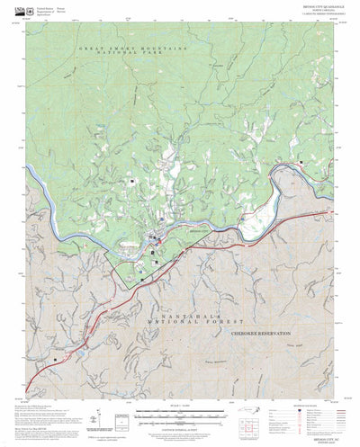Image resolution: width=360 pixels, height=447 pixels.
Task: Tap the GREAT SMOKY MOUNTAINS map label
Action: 135,48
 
